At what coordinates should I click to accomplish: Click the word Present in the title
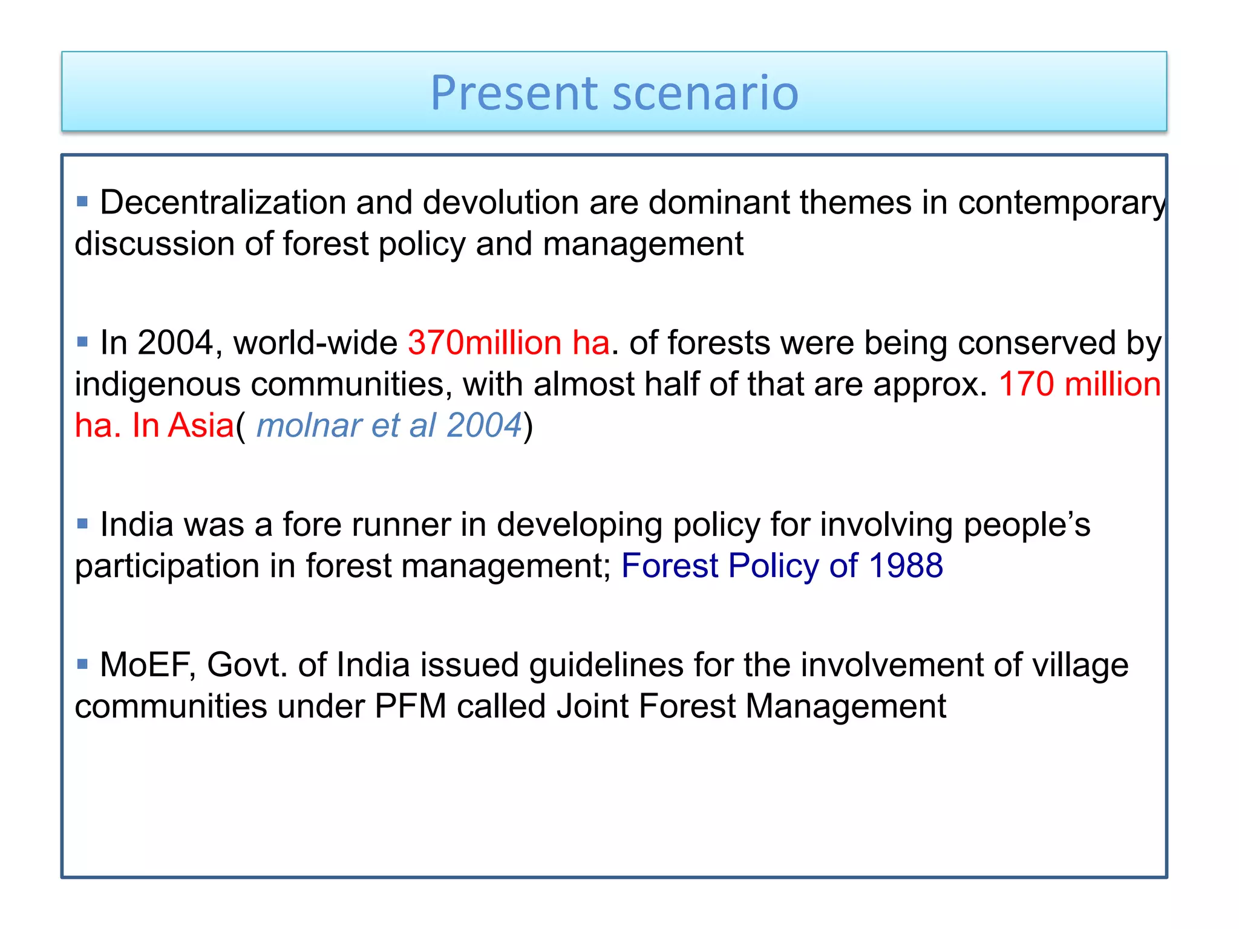(x=514, y=93)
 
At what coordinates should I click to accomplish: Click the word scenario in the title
(x=705, y=93)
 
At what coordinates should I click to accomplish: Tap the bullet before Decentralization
(x=83, y=201)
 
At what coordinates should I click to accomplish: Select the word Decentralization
(x=222, y=202)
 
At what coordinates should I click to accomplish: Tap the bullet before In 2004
(x=83, y=342)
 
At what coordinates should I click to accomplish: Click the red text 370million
(x=485, y=343)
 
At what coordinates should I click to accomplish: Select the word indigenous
(x=157, y=385)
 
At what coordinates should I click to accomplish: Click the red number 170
(x=1026, y=384)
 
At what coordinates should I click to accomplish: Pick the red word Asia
(x=201, y=425)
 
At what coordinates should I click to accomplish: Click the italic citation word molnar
(x=309, y=425)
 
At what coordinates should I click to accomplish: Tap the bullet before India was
(x=83, y=523)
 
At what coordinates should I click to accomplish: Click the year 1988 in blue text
(x=906, y=566)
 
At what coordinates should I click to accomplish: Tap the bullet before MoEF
(x=83, y=664)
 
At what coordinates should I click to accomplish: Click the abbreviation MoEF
(x=148, y=665)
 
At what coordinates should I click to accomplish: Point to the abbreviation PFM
(x=410, y=706)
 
